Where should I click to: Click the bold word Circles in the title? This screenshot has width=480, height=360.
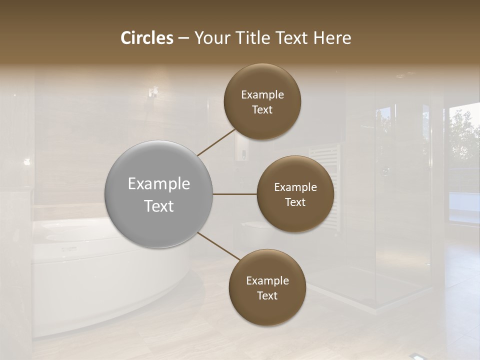[x=147, y=38]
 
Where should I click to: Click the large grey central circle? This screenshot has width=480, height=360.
[x=159, y=194]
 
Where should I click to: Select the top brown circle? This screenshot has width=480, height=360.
[x=262, y=102]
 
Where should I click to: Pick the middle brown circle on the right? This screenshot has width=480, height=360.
[x=295, y=194]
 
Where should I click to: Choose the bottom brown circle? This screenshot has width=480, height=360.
[x=267, y=287]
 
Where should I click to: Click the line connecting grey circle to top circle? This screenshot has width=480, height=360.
[x=216, y=142]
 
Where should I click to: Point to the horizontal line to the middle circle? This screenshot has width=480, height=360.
[x=235, y=194]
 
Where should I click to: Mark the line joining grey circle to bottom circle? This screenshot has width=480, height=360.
[x=218, y=246]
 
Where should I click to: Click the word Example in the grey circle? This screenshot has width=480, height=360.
[x=159, y=184]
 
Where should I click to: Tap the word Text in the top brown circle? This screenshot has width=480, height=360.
[x=262, y=109]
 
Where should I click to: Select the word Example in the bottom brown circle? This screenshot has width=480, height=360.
[x=267, y=280]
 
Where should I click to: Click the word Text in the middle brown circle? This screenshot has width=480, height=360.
[x=295, y=202]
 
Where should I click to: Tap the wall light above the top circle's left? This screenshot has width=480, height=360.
[x=153, y=92]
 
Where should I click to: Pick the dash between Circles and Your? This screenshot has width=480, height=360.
[x=183, y=38]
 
